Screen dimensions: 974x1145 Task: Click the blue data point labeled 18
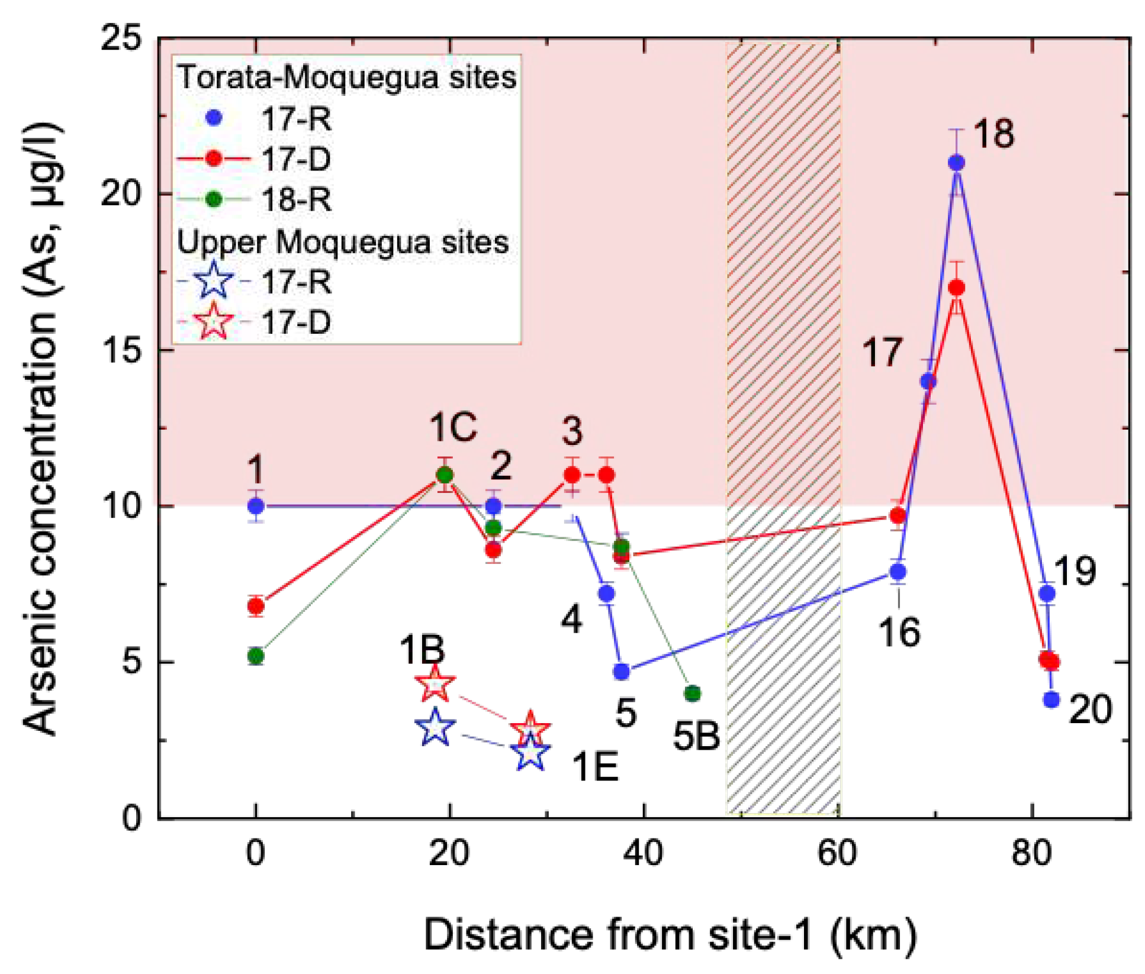pos(956,162)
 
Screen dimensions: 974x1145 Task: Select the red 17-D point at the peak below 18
pos(956,288)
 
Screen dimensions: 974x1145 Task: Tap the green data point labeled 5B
pos(692,694)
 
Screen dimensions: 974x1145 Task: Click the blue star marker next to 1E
pos(530,753)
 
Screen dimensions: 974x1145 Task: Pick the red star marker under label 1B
pos(435,685)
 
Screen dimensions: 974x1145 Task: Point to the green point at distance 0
pos(256,656)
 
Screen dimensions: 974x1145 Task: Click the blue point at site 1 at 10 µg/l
pos(256,507)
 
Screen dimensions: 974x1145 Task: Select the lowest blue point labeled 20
pos(1051,699)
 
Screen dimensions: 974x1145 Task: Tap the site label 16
pos(899,632)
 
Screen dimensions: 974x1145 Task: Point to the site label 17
pos(882,353)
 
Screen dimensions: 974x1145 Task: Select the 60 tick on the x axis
pos(837,854)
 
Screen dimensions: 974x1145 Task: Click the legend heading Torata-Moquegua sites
pos(347,78)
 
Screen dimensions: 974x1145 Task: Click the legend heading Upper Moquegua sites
pos(343,242)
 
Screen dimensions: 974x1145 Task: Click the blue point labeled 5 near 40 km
pos(621,672)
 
